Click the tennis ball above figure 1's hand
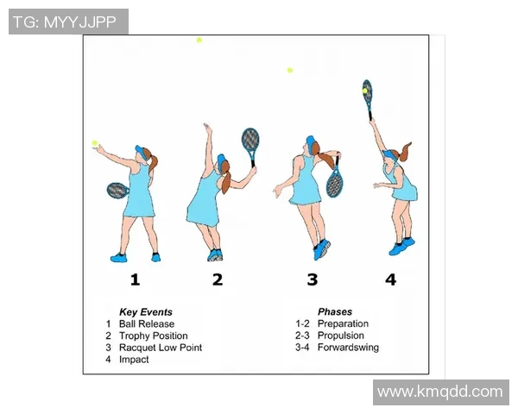pyautogui.click(x=95, y=143)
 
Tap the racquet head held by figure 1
pyautogui.click(x=117, y=191)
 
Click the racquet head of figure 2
pyautogui.click(x=250, y=140)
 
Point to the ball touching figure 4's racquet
pyautogui.click(x=364, y=91)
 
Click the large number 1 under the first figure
pyautogui.click(x=135, y=279)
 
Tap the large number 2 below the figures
pyautogui.click(x=218, y=279)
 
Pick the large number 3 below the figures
pyautogui.click(x=313, y=279)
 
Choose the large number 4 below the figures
pyautogui.click(x=391, y=279)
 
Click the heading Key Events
pyautogui.click(x=146, y=312)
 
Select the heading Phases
pyautogui.click(x=335, y=311)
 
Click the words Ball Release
pyautogui.click(x=147, y=324)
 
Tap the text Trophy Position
pyautogui.click(x=154, y=336)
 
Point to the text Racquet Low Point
pyautogui.click(x=161, y=348)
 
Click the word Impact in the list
pyautogui.click(x=134, y=360)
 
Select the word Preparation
pyautogui.click(x=343, y=324)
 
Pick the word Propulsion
pyautogui.click(x=341, y=336)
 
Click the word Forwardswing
pyautogui.click(x=348, y=348)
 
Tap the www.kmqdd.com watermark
pyautogui.click(x=440, y=392)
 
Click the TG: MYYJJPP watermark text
pyautogui.click(x=65, y=22)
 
